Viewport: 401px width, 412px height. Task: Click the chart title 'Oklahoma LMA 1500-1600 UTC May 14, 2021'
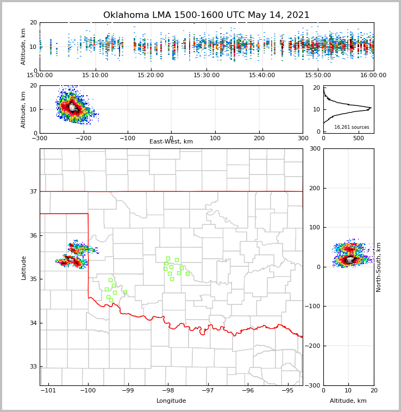[206, 15]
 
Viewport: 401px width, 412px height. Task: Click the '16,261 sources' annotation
[352, 127]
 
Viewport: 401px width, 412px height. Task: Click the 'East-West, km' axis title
[171, 142]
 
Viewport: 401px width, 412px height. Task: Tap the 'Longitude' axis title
[171, 401]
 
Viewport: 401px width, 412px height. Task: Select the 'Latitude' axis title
[24, 267]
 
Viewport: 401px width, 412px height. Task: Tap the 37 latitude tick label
[32, 191]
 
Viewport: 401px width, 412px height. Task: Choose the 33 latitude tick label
[32, 367]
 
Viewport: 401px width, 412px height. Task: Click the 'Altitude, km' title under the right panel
[348, 401]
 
